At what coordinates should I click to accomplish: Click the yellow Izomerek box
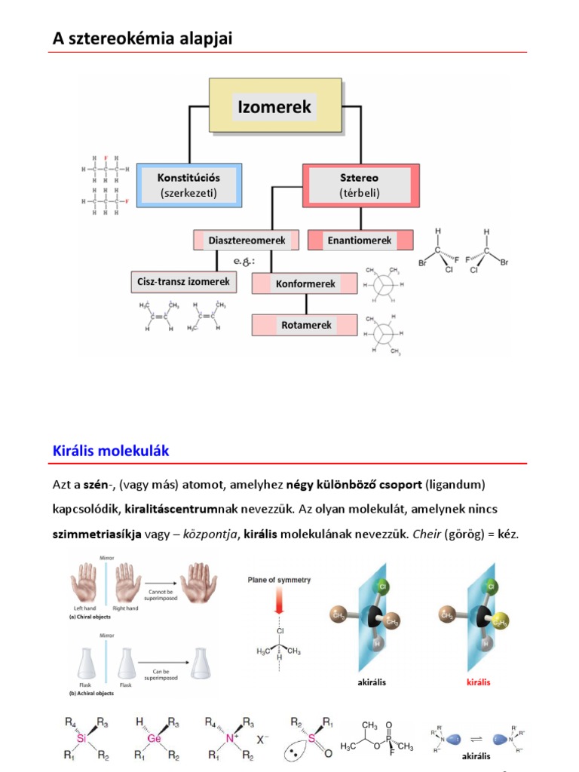(274, 107)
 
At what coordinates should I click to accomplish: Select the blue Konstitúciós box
(188, 185)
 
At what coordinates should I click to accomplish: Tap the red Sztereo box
(359, 185)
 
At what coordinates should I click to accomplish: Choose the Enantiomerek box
(360, 240)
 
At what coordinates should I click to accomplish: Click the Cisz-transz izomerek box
(182, 283)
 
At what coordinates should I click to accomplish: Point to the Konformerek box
(305, 283)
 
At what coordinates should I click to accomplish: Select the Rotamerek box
(305, 325)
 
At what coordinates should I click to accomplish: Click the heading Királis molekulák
(111, 451)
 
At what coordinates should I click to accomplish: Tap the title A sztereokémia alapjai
(142, 38)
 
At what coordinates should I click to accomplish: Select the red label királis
(478, 682)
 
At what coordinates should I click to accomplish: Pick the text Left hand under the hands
(84, 607)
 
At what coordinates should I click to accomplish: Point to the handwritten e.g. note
(244, 261)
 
